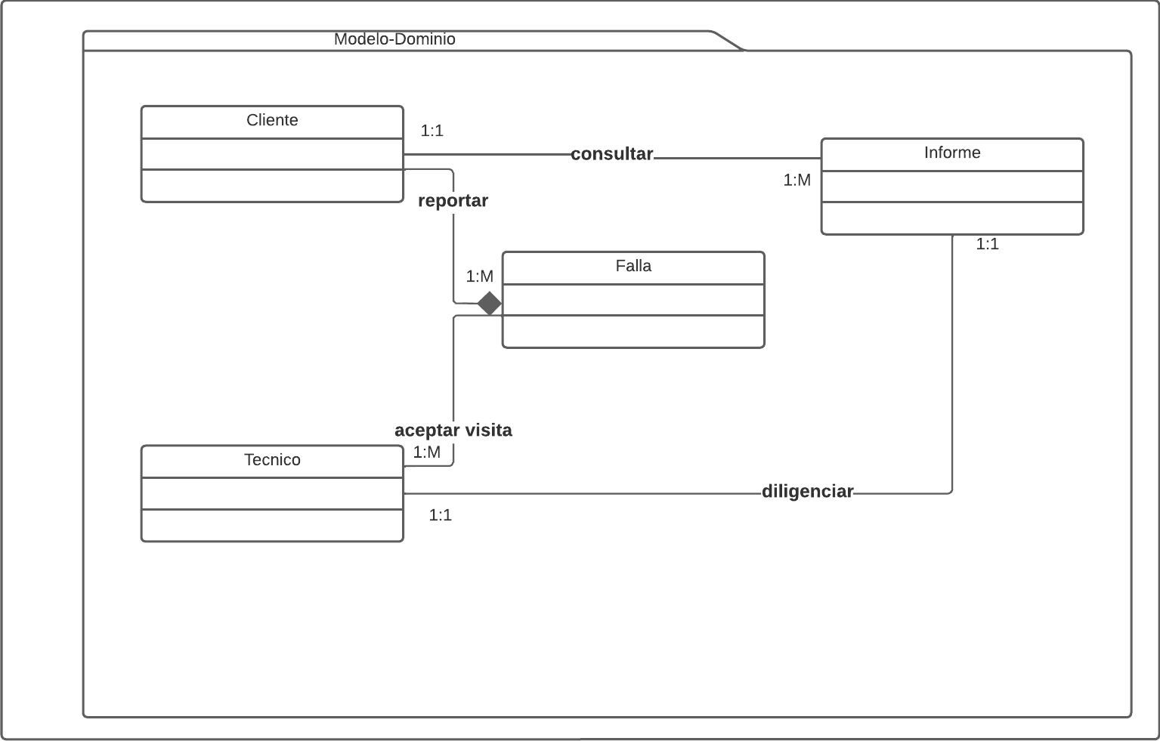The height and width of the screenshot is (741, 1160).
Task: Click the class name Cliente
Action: tap(272, 121)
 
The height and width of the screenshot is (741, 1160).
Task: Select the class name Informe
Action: tap(951, 153)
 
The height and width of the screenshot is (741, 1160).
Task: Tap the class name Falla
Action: tap(633, 267)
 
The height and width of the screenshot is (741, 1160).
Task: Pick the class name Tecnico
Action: tap(272, 460)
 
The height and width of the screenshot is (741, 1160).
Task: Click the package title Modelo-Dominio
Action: tap(394, 39)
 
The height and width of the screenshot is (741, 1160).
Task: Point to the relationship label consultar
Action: tap(611, 154)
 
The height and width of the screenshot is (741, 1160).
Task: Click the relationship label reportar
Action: tap(453, 201)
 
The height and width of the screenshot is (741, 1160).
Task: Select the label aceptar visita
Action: tap(453, 431)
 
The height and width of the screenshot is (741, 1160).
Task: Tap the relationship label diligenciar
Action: tap(807, 492)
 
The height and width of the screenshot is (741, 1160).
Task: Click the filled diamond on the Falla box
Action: tap(490, 304)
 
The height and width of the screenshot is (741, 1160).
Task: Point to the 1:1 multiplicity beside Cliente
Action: tap(432, 131)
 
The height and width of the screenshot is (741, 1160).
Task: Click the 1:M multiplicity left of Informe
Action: tap(797, 181)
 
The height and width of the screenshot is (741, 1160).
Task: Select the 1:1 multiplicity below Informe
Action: tap(987, 245)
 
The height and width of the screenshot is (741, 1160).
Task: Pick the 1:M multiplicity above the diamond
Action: tap(479, 277)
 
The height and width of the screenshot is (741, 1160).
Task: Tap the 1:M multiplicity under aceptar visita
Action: tap(426, 452)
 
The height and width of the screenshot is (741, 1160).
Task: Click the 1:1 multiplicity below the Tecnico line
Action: tap(440, 516)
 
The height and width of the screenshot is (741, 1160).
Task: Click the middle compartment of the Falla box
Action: tap(633, 300)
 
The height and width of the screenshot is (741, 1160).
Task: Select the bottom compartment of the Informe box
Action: tap(951, 218)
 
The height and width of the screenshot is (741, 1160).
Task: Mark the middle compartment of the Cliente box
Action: tap(272, 154)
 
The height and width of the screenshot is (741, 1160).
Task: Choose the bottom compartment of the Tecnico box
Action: tap(272, 525)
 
